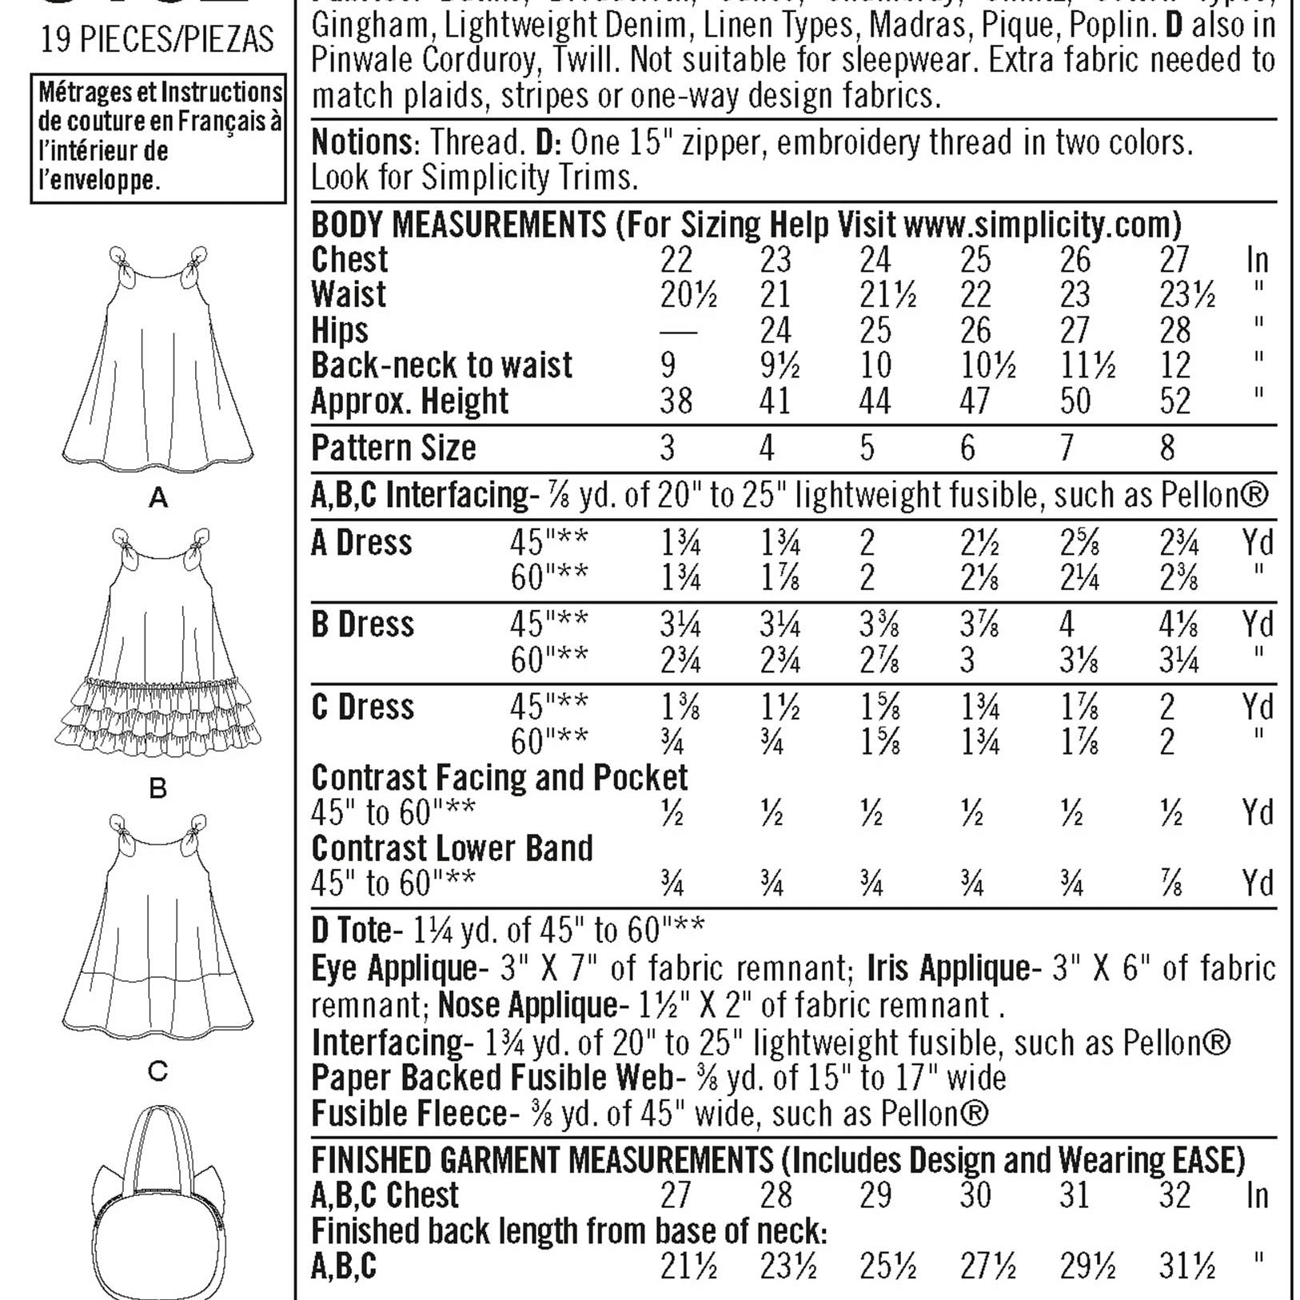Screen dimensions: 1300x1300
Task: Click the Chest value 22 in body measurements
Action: point(676,261)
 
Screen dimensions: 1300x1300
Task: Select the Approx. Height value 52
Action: point(1174,401)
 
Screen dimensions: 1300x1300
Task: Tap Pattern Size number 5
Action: point(867,449)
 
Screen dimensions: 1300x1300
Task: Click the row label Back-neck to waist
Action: point(441,366)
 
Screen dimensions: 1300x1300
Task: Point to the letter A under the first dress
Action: point(158,499)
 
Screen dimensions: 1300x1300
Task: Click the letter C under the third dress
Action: point(158,1071)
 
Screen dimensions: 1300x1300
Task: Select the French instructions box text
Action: point(158,137)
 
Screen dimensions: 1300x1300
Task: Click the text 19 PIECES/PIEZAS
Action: point(158,39)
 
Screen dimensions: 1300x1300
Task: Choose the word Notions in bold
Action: point(361,143)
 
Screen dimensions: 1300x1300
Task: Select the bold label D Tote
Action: point(351,931)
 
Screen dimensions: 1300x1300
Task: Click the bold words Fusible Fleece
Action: point(409,1114)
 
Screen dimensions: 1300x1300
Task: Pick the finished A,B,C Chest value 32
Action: point(1174,1196)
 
